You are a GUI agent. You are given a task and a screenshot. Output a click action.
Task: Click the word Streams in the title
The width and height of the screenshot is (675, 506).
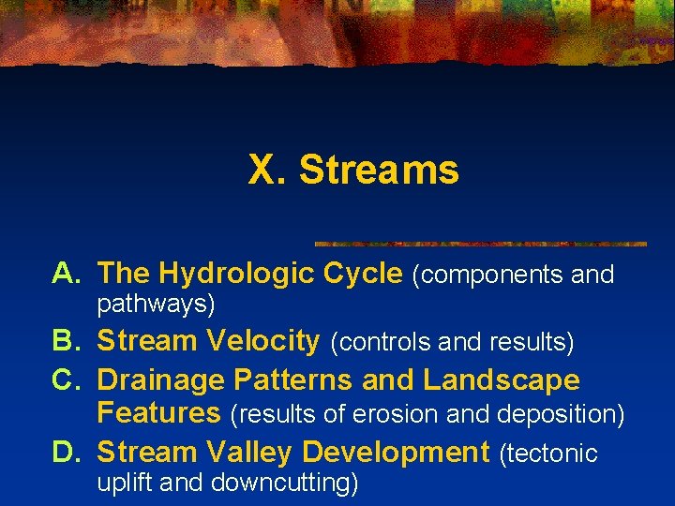click(x=379, y=171)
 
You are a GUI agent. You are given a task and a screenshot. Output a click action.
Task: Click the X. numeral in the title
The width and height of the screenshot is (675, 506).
click(x=268, y=171)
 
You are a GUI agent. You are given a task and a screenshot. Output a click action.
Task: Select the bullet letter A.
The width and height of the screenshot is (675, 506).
click(x=67, y=274)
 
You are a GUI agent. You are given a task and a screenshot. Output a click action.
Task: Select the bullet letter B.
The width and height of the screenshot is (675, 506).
click(x=67, y=341)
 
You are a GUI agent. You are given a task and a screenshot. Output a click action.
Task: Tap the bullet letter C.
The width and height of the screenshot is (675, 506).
click(x=67, y=380)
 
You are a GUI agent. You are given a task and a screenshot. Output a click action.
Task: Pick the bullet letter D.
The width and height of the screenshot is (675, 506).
click(x=67, y=453)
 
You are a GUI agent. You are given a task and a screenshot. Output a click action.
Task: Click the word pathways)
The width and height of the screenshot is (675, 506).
click(x=157, y=305)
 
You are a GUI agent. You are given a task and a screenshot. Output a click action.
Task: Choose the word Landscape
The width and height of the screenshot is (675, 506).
click(x=502, y=380)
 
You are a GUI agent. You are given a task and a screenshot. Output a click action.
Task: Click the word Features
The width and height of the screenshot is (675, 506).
click(x=158, y=412)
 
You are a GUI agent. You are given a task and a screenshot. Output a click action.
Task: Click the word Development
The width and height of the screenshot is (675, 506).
click(x=397, y=453)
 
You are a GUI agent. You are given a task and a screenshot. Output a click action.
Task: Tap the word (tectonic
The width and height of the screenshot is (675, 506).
click(x=548, y=454)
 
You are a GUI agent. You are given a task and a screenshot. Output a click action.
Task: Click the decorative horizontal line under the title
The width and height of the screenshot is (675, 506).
click(x=480, y=244)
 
